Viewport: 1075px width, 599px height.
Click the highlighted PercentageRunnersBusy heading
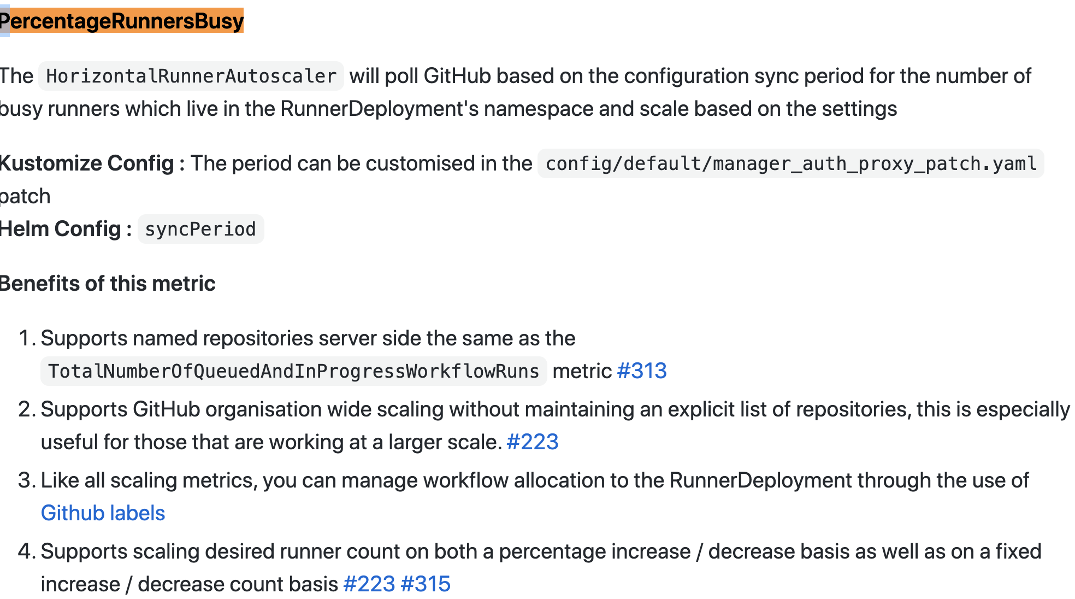[x=122, y=21]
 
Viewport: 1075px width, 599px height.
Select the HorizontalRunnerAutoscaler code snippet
[x=191, y=76]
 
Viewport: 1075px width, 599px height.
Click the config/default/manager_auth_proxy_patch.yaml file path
[x=791, y=163]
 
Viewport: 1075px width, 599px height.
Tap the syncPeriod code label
[x=200, y=229]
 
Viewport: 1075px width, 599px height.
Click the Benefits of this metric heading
[x=108, y=284]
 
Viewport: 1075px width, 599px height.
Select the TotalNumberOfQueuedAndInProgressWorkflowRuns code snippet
[x=294, y=371]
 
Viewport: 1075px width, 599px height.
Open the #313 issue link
[x=642, y=371]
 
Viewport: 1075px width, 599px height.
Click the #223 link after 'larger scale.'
[x=533, y=442]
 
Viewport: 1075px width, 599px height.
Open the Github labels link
[x=103, y=513]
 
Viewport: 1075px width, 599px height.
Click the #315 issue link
[x=426, y=584]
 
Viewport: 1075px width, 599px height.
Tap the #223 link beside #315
[x=369, y=584]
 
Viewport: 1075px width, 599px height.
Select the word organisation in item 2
[x=261, y=409]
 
